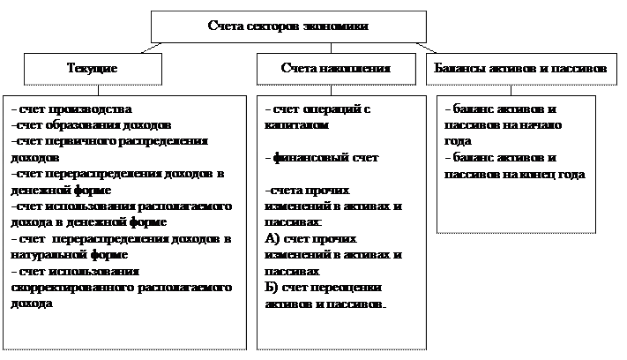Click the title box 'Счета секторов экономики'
click(287, 26)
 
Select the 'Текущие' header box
click(93, 68)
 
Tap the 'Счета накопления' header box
click(335, 68)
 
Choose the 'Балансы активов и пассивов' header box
click(521, 68)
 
